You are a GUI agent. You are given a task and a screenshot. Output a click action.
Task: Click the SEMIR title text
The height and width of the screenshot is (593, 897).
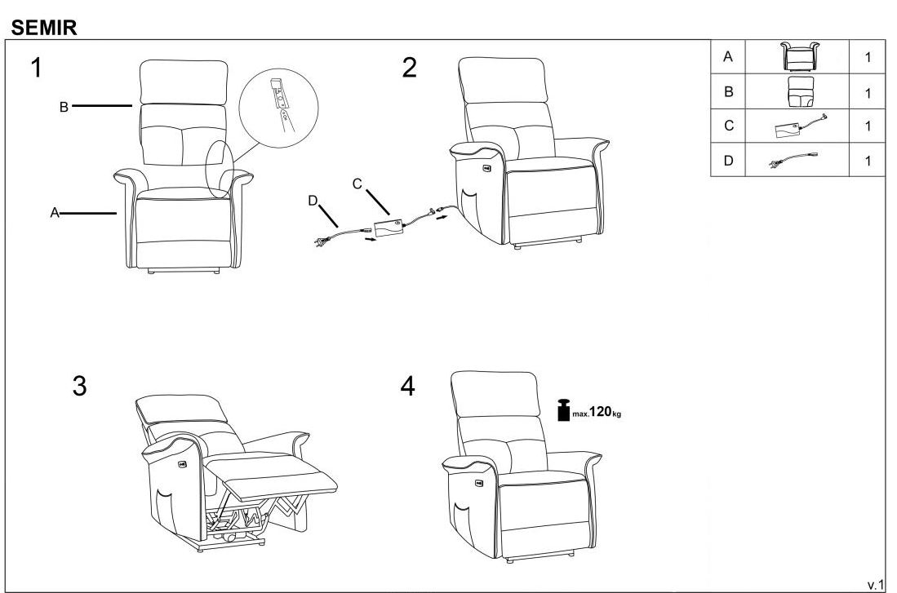(x=44, y=27)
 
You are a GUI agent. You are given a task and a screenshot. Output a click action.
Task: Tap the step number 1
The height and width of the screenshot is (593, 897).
(x=36, y=68)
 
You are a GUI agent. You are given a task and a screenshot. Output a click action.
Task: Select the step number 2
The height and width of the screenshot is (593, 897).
(x=409, y=68)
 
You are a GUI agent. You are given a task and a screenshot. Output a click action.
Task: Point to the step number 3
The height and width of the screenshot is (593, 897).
(x=79, y=386)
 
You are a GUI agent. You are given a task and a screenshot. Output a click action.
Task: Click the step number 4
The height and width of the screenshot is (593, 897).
(x=407, y=386)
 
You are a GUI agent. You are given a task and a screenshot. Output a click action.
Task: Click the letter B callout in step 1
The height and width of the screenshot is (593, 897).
(x=64, y=107)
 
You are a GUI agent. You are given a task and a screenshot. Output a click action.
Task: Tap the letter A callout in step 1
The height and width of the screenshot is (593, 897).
(x=55, y=213)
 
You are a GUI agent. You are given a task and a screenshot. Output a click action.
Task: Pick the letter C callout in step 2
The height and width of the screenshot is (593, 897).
(x=357, y=184)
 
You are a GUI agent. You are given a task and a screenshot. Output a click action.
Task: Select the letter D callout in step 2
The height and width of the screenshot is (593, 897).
(x=313, y=201)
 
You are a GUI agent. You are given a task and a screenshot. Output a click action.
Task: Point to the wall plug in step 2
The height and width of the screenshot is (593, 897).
(x=321, y=241)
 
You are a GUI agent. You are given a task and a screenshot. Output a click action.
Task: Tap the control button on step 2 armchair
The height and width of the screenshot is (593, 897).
(x=486, y=167)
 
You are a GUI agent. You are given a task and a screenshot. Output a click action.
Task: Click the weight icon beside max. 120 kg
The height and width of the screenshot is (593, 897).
(x=563, y=409)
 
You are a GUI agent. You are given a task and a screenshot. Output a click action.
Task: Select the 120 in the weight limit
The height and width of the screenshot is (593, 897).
(x=601, y=411)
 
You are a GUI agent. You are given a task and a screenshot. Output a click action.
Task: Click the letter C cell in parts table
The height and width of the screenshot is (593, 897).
(x=728, y=126)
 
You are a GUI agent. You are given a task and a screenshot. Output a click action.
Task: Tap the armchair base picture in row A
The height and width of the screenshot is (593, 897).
(x=801, y=56)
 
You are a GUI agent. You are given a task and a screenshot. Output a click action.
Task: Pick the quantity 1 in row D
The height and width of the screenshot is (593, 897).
(x=868, y=161)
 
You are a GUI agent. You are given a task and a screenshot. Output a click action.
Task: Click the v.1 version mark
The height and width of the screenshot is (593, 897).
(x=876, y=584)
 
